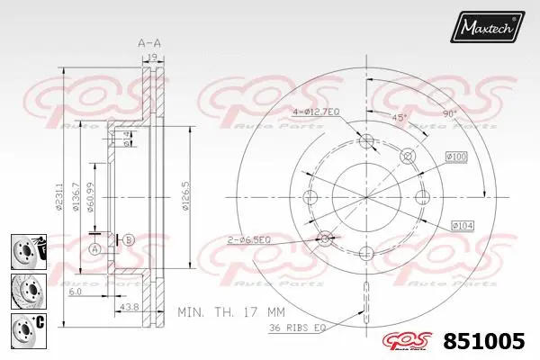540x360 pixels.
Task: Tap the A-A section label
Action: [148, 41]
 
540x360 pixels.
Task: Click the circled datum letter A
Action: [94, 248]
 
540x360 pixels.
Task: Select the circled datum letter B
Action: [129, 239]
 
